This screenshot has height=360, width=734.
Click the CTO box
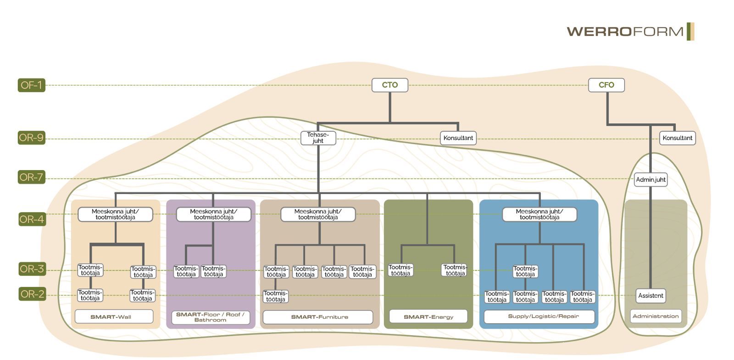coord(389,85)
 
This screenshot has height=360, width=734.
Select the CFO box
coord(606,85)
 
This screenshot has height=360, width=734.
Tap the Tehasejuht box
coord(318,138)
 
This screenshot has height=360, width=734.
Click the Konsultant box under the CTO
coord(458,138)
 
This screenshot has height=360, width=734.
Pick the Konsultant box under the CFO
coord(677,138)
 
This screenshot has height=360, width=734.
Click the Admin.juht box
coord(651,179)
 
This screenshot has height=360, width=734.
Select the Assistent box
coord(651,295)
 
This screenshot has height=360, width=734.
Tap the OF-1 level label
coord(31,85)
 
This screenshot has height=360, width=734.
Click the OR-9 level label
coord(31,138)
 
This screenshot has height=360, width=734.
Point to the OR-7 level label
coord(31,177)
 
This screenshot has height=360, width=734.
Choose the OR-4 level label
coord(32,219)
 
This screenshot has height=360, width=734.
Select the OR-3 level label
coord(32,269)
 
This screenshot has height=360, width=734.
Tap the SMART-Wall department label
coord(114,316)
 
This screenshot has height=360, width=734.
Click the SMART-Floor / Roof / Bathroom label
coord(210,317)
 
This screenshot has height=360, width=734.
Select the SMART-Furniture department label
coord(317,317)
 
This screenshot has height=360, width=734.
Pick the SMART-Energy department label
coord(428,316)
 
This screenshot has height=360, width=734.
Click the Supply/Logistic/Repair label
coord(539,316)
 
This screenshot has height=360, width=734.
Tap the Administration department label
coord(655,316)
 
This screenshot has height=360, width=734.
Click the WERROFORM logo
coord(630,31)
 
